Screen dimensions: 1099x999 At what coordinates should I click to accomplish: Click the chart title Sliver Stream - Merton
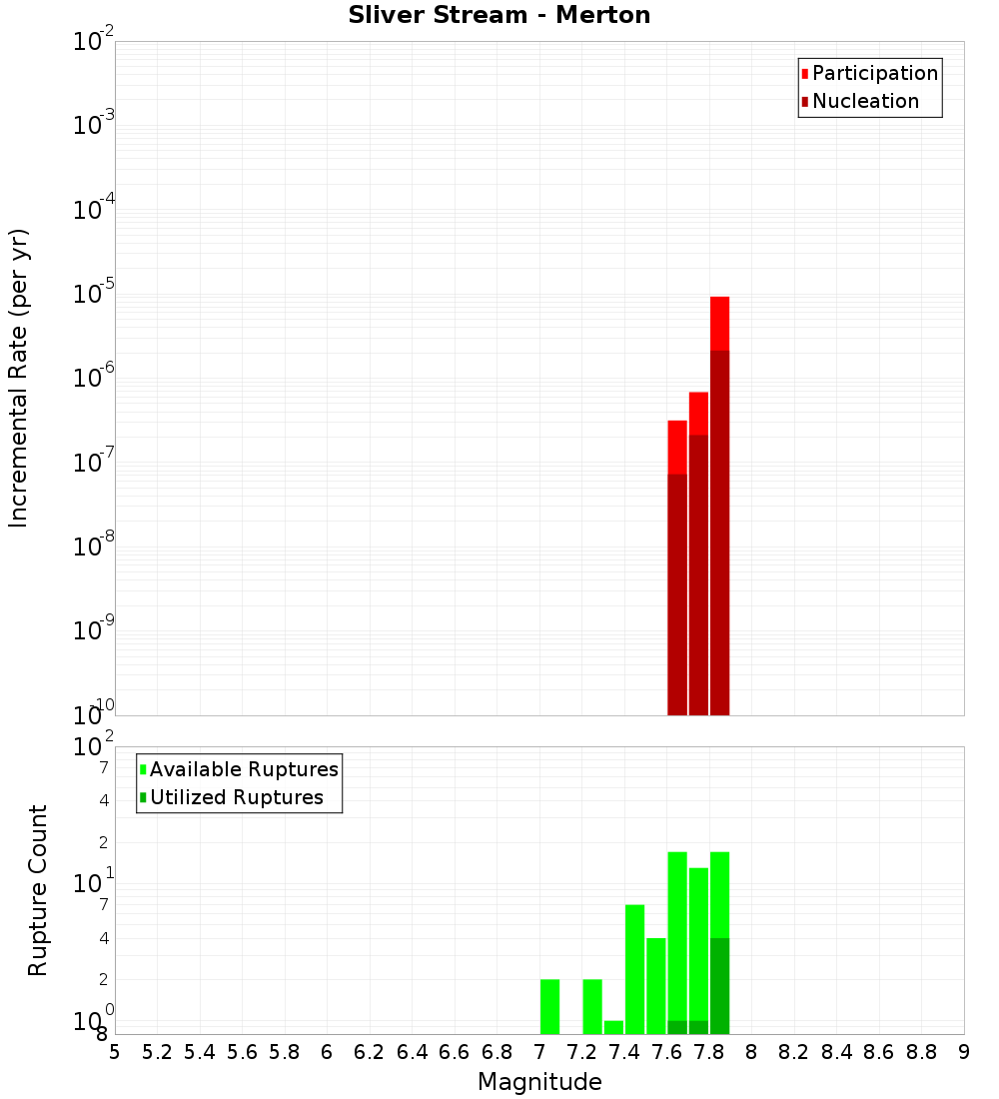click(x=499, y=15)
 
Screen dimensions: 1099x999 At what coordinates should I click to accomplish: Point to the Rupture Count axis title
click(x=38, y=890)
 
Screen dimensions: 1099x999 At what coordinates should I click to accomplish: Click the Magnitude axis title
click(x=539, y=1082)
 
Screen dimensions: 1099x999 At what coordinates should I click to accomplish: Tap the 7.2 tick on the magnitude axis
click(x=581, y=1052)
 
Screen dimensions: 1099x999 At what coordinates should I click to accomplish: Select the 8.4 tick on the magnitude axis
click(x=837, y=1052)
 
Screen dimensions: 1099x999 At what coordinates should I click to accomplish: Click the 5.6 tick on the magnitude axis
click(x=242, y=1052)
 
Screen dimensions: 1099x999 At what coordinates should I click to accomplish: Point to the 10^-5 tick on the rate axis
click(x=95, y=295)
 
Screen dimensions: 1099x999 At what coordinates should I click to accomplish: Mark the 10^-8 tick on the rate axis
click(x=95, y=547)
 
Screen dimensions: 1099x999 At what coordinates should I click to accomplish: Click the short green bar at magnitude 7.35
click(x=613, y=1027)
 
